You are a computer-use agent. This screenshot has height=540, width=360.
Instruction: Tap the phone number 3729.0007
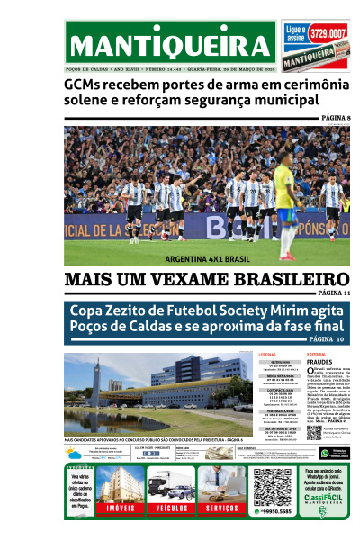pos(328,34)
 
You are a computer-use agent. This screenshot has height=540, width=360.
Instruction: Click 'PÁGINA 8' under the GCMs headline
pos(336,119)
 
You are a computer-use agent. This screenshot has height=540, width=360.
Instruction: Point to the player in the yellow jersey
pos(286,207)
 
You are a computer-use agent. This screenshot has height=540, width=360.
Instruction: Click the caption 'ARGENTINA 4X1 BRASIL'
pos(207,259)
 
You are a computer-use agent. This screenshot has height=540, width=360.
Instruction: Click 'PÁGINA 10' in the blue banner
pos(328,339)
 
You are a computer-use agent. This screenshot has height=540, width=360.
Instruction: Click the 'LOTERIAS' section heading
pos(267,355)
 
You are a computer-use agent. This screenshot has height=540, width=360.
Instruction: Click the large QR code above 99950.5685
pos(272,486)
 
